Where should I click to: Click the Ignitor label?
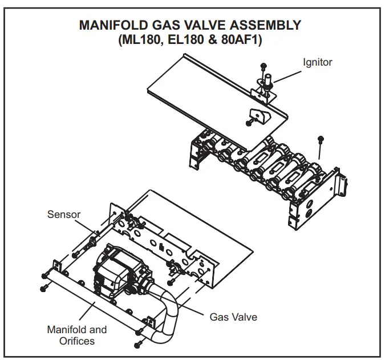[317, 62]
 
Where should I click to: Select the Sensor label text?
[64, 215]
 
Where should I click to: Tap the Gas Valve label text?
[233, 317]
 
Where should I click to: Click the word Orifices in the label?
[76, 341]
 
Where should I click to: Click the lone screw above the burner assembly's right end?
[321, 139]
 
